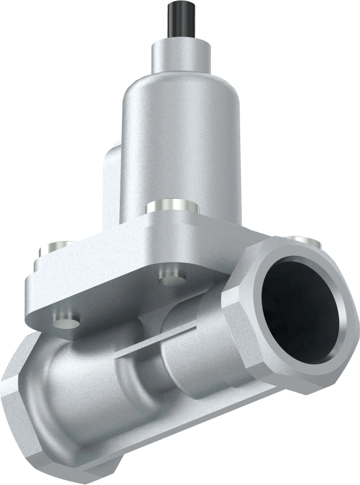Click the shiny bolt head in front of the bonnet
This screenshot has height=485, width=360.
click(170, 207)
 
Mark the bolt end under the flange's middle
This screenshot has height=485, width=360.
click(171, 280)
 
